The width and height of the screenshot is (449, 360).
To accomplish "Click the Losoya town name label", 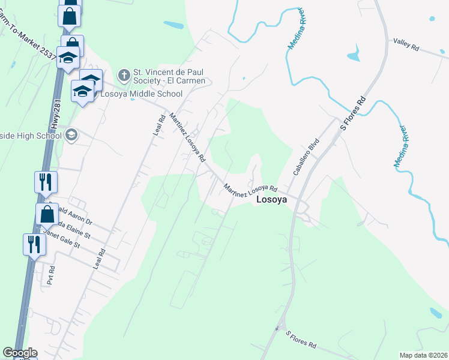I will pos(272,200).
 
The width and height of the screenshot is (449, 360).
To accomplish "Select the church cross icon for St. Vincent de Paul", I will pos(124,75).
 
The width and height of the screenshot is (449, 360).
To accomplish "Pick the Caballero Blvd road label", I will pos(304,158).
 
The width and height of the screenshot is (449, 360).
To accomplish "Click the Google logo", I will pos(20,353).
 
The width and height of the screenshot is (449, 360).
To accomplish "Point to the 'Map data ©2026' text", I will pos(423,355).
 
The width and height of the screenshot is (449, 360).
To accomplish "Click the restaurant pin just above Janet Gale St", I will pos(34,244).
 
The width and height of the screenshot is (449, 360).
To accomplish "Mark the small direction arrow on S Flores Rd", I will pos(278,328).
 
